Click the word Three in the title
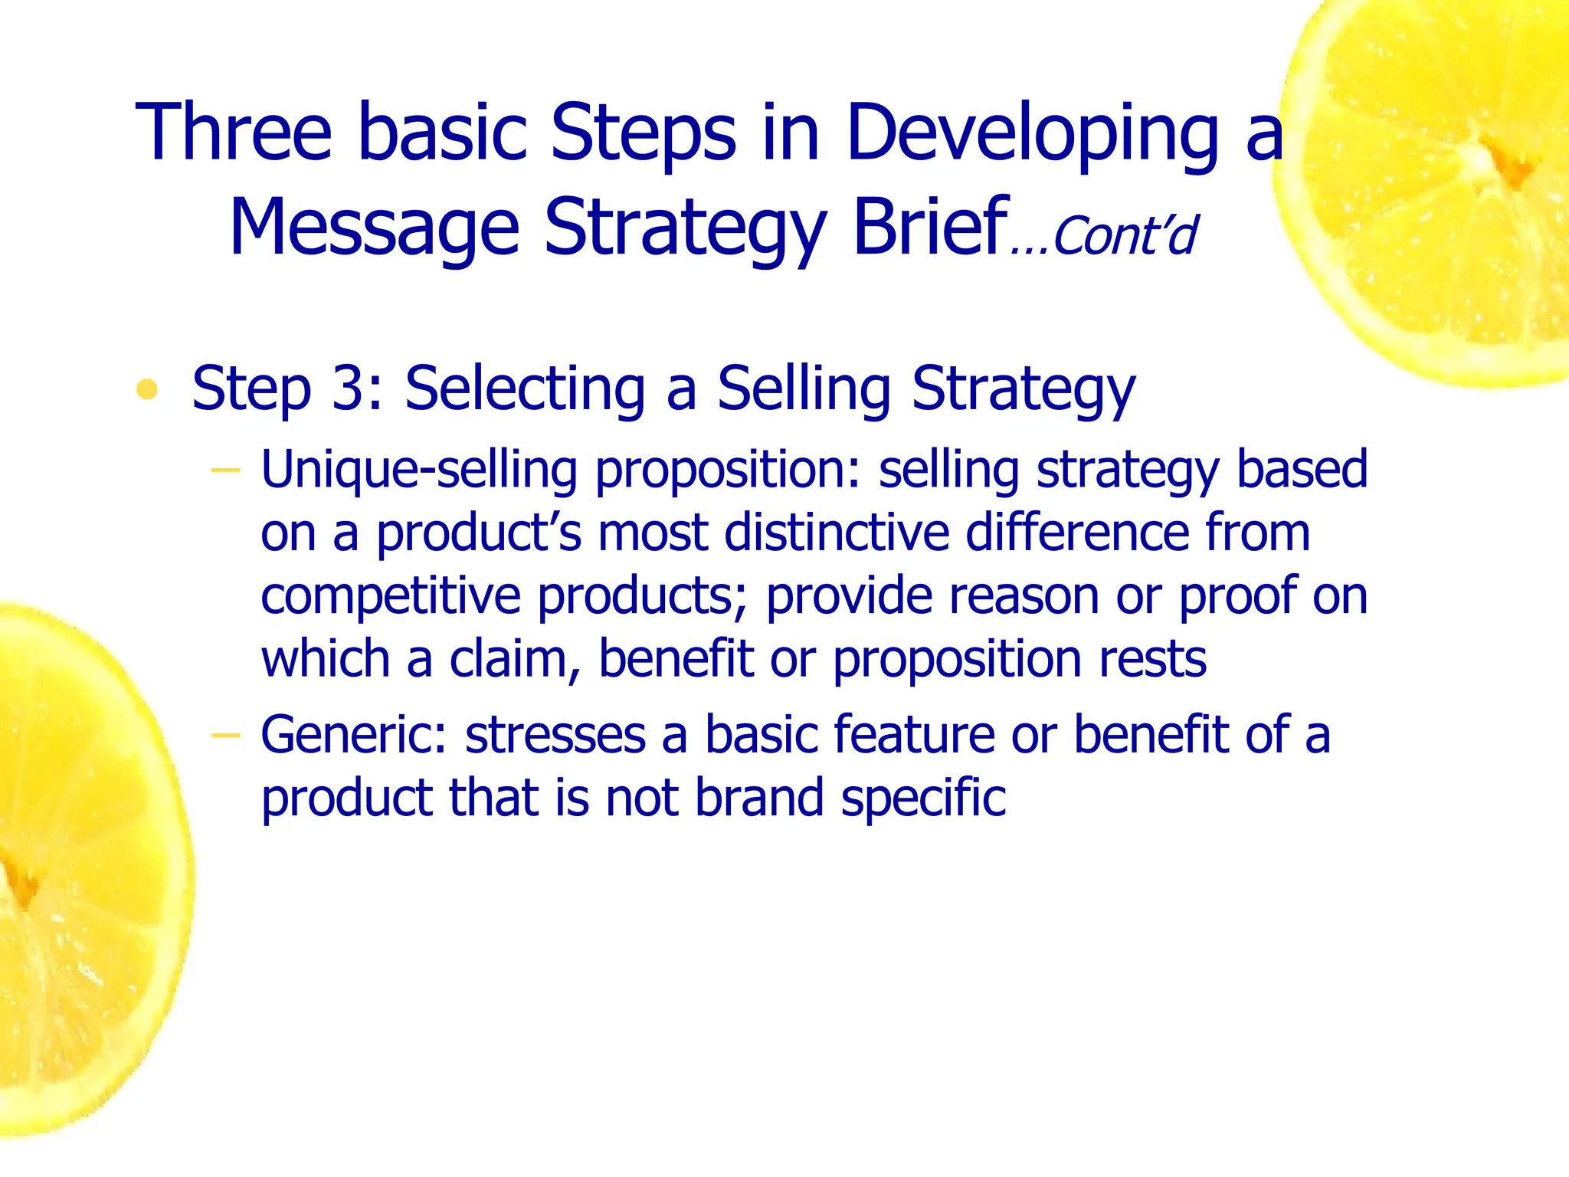pyautogui.click(x=234, y=132)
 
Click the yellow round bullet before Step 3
pyautogui.click(x=146, y=390)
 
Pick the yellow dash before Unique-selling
pyautogui.click(x=225, y=469)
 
